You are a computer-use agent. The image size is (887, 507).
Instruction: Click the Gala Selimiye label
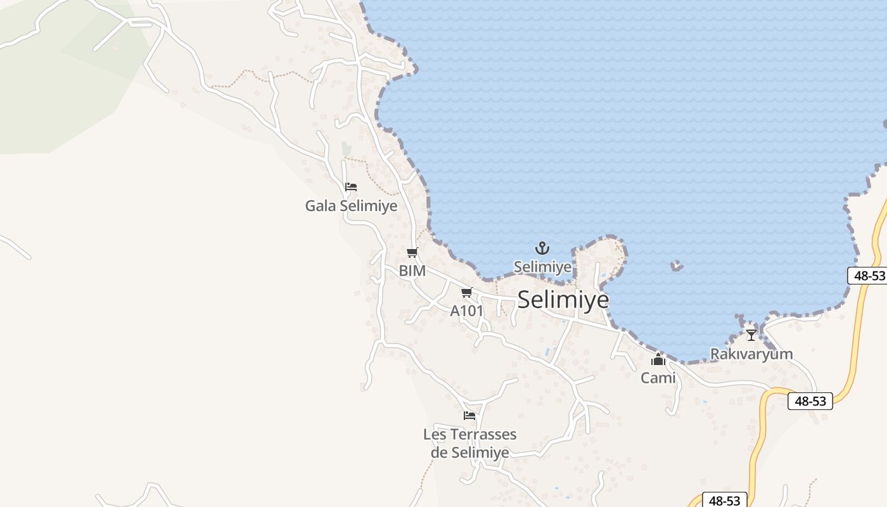351,206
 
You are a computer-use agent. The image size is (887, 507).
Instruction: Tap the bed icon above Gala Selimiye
351,187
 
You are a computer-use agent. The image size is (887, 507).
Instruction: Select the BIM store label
412,271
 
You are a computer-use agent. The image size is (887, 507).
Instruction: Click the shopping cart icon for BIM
412,253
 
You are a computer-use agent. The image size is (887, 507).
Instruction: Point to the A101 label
466,311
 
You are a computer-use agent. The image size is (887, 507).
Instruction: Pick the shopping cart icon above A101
467,292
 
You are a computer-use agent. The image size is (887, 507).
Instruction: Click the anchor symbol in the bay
542,248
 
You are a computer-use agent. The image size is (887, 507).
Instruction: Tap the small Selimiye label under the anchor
542,267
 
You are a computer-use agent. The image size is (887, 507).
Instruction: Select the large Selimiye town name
563,299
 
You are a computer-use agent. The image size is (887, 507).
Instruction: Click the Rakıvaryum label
751,354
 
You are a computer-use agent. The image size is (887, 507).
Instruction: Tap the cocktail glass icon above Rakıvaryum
751,335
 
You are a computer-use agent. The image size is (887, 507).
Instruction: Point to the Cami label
658,378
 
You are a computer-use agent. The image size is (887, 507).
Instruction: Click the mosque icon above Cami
658,360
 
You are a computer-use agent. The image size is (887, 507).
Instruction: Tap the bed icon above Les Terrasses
469,416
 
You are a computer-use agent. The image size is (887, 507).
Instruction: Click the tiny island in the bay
677,266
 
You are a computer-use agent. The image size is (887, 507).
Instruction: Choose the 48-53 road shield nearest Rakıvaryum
810,401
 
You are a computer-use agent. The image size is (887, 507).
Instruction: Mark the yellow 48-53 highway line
858,330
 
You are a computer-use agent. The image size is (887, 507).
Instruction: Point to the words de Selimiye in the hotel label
469,452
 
